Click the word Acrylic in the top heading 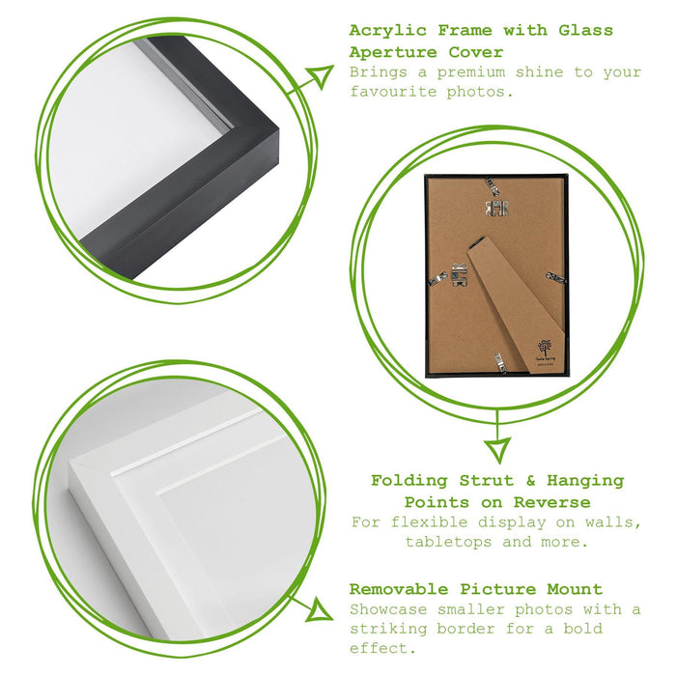(387, 31)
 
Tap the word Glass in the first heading (585, 31)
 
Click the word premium (471, 72)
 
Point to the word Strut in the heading (487, 480)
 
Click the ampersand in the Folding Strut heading (530, 480)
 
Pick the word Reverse (551, 502)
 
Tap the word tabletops (448, 542)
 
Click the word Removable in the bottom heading (399, 589)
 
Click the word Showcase (388, 609)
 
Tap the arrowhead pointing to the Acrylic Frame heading (320, 76)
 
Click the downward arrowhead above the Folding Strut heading (497, 450)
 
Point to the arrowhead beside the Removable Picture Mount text (319, 610)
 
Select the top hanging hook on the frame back (497, 208)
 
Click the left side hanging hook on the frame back (459, 275)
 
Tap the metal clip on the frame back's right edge (555, 277)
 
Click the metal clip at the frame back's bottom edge (500, 362)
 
